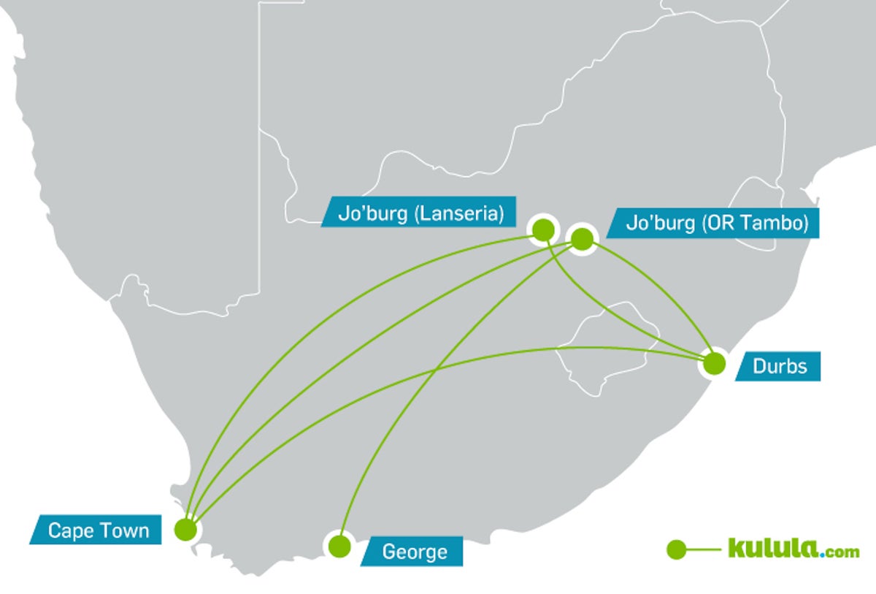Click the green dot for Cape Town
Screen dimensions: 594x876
tap(186, 528)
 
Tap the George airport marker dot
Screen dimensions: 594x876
tap(338, 546)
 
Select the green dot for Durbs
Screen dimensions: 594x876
tap(713, 362)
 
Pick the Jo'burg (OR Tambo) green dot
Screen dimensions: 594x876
tap(582, 239)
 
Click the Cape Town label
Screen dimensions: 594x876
tap(98, 530)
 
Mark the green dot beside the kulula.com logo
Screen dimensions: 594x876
tap(677, 549)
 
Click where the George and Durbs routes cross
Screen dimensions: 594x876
tap(436, 371)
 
